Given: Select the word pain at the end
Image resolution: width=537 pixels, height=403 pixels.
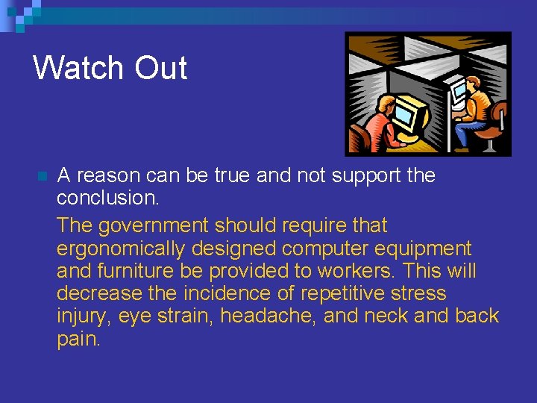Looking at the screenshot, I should tap(78, 339).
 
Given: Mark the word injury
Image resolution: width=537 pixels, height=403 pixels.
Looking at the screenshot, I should tap(83, 316).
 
